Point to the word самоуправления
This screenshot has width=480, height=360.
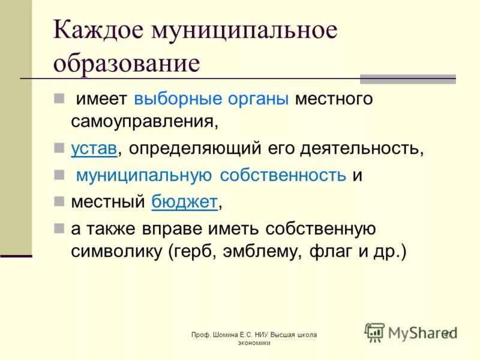point(143,121)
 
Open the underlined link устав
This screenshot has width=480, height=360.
point(94,149)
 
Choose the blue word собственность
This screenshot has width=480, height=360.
point(283,175)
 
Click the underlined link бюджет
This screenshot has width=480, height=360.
point(184,202)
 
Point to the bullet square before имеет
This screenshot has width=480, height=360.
point(59,97)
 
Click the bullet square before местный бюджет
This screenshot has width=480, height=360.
point(59,201)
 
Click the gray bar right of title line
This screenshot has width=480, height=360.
point(407,79)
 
